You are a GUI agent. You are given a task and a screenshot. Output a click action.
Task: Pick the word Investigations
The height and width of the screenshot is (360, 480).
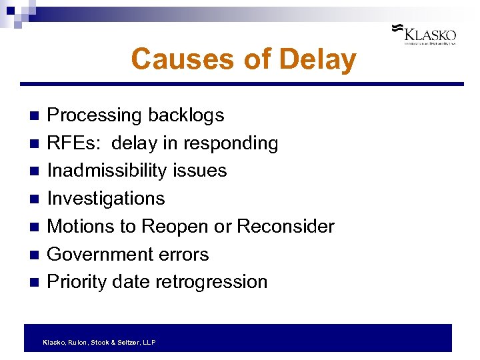click(x=106, y=199)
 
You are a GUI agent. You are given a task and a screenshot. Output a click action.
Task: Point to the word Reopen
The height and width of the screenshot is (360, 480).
click(x=173, y=227)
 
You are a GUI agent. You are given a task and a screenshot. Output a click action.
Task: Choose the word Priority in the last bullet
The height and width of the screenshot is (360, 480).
click(x=77, y=282)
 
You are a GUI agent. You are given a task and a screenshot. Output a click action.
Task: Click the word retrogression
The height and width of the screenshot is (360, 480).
click(x=211, y=282)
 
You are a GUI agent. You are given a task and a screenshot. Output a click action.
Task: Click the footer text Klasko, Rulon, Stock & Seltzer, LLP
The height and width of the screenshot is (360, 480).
click(x=99, y=342)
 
